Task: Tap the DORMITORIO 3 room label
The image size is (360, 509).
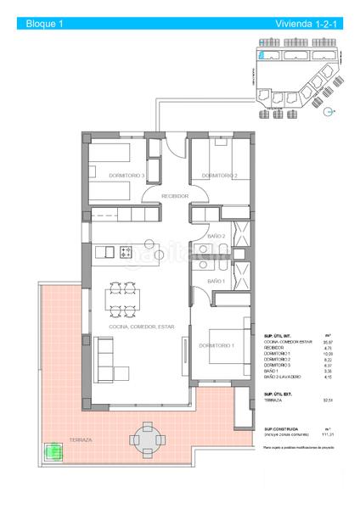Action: click(x=127, y=176)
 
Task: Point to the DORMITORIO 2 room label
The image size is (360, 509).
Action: click(x=219, y=176)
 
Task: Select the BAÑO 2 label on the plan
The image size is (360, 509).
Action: click(x=217, y=237)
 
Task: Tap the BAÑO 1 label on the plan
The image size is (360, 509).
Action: click(x=217, y=280)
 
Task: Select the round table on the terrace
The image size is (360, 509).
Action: click(x=142, y=439)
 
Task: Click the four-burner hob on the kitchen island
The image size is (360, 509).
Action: click(x=126, y=252)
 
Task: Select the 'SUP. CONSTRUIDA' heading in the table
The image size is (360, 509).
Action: click(x=279, y=429)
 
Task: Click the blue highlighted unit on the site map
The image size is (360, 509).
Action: click(x=263, y=56)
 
